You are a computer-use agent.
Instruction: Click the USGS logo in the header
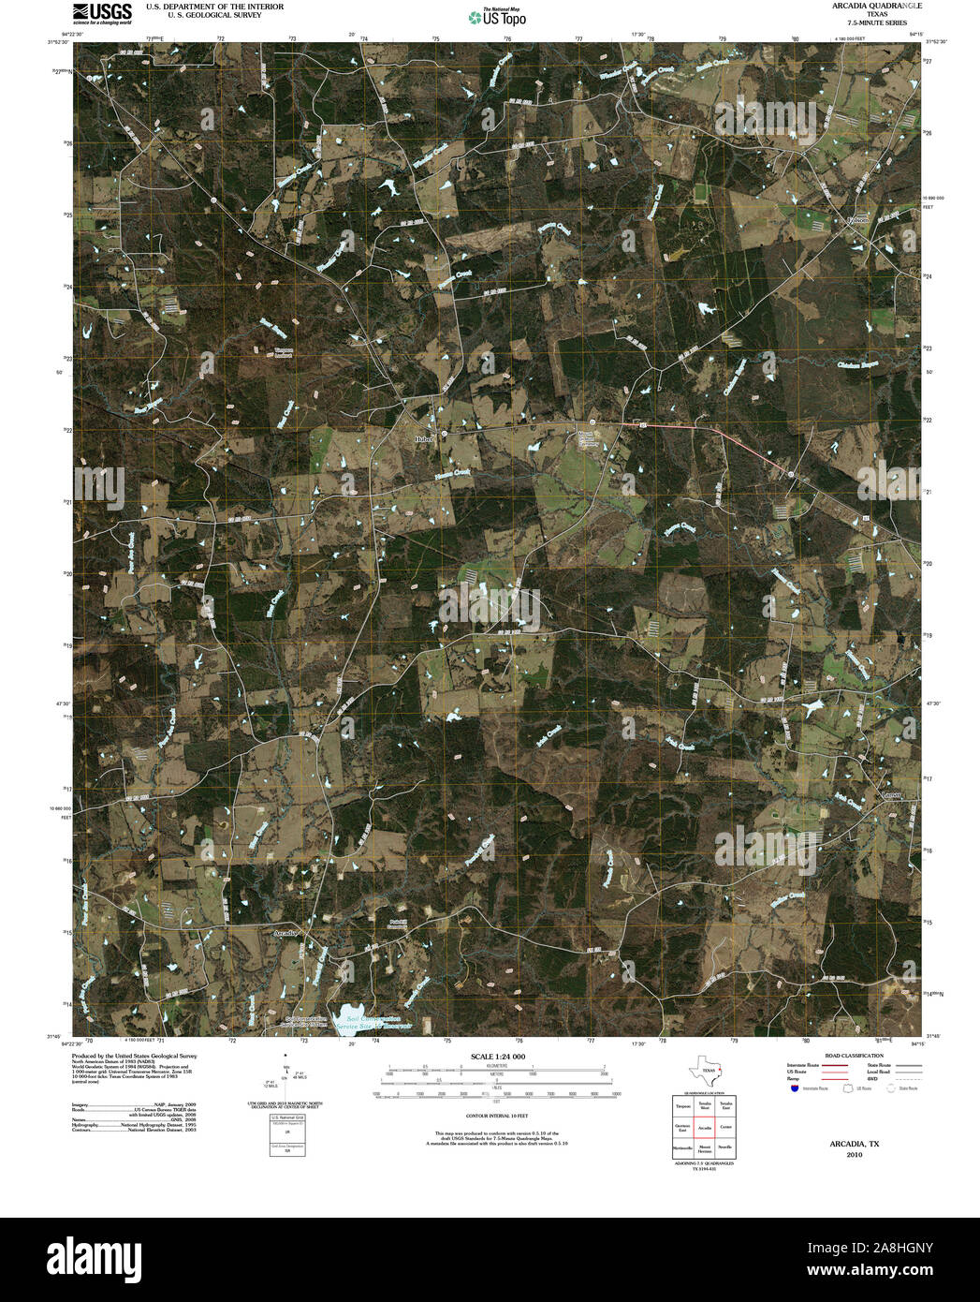(102, 13)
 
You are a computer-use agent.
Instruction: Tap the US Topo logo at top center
(498, 16)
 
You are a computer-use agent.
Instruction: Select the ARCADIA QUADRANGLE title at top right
(863, 7)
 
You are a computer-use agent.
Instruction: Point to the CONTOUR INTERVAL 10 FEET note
(498, 1117)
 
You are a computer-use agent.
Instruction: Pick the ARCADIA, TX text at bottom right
(854, 1144)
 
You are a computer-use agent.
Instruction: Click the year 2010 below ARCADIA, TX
(854, 1155)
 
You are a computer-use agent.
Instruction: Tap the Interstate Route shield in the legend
(795, 1088)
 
